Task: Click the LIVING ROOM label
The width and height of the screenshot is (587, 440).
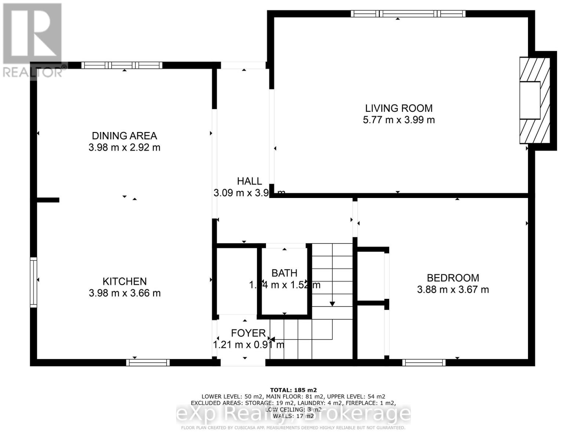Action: [x=398, y=108]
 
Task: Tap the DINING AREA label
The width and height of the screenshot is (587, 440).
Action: [x=124, y=136]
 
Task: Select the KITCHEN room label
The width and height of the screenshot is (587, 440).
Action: [x=124, y=281]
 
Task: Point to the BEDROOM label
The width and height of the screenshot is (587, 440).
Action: [x=453, y=278]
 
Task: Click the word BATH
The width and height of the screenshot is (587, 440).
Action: [x=284, y=273]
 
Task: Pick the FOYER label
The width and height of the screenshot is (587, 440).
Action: [x=248, y=333]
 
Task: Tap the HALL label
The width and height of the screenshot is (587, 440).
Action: [x=249, y=181]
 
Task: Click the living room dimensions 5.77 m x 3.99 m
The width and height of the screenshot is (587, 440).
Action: [x=398, y=120]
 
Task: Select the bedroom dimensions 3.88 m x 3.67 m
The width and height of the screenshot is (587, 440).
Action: [x=453, y=290]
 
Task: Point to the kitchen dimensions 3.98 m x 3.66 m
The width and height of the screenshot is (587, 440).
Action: [x=124, y=293]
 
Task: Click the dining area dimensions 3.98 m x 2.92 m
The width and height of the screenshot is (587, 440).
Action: [x=124, y=147]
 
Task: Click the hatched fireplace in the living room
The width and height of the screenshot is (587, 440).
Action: [x=535, y=100]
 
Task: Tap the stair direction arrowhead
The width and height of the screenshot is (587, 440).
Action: [x=332, y=304]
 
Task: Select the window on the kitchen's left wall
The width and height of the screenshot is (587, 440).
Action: [x=33, y=282]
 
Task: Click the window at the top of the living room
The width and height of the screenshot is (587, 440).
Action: [x=408, y=14]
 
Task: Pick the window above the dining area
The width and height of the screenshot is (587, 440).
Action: [x=121, y=65]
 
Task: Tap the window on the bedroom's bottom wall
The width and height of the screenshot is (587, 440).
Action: [x=424, y=363]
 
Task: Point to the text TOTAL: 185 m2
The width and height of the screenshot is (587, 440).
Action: [x=293, y=390]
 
